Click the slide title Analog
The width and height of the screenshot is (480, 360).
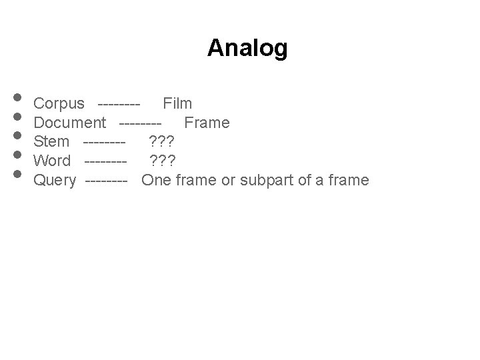(247, 48)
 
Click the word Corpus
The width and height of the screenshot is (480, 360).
(59, 103)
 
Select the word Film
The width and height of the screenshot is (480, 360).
(177, 103)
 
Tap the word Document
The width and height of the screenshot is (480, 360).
(69, 123)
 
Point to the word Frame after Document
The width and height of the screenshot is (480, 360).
(207, 123)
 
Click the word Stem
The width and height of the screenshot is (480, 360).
(51, 141)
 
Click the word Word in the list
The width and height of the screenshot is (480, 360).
(52, 161)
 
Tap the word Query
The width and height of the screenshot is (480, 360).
(55, 180)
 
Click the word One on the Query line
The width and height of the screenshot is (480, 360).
(157, 180)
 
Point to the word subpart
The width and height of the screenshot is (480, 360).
(281, 180)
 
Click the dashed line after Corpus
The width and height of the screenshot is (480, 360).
(118, 104)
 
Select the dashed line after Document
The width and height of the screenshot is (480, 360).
(140, 123)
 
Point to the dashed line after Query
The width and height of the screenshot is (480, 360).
(106, 181)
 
